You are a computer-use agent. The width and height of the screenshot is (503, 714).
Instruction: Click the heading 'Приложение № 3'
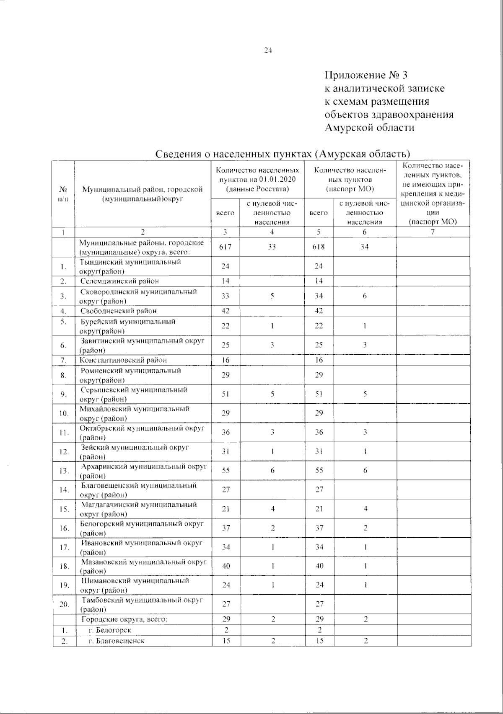point(366,75)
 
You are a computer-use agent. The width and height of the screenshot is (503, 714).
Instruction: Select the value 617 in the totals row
point(226,247)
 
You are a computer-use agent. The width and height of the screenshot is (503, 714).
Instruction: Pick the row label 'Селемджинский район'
point(119,281)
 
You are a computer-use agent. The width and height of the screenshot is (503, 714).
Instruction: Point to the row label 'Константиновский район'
point(123,360)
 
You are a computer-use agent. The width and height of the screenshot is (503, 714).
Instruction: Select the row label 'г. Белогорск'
point(110,630)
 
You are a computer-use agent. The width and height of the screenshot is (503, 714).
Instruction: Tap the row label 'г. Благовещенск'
point(116,641)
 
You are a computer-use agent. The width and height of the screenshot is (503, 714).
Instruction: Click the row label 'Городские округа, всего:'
point(124,619)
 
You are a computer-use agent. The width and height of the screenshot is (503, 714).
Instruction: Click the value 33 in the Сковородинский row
point(226,296)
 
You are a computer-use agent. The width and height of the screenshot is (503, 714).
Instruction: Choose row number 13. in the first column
point(64,471)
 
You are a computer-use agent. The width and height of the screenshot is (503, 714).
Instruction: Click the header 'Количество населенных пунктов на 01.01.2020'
point(257,180)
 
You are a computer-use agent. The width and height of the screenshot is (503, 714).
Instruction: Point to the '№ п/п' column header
point(63,194)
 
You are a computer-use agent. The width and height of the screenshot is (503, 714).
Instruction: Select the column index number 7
point(433,232)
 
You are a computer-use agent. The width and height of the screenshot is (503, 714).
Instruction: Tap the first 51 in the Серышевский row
point(226,394)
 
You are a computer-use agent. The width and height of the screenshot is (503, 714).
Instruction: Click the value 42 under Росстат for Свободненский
point(226,311)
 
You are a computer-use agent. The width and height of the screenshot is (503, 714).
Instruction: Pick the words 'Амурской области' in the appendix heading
point(369,128)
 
